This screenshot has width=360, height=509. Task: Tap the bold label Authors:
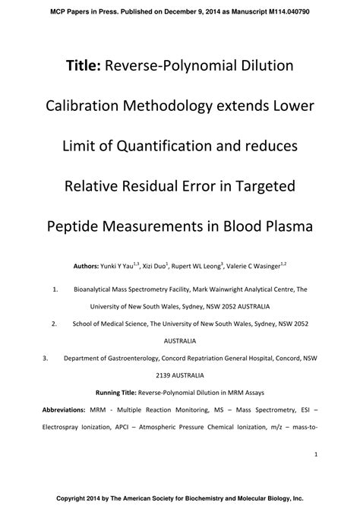[x=86, y=267]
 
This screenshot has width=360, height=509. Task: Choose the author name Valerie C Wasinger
[x=254, y=267]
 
